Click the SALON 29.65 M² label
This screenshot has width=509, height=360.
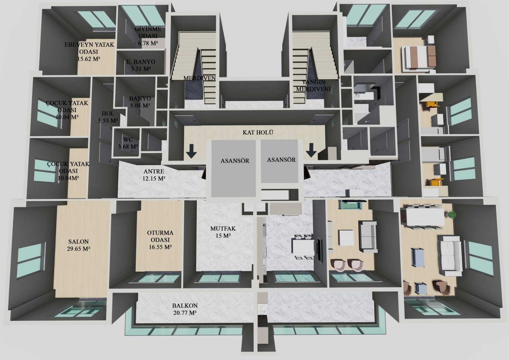click(78, 245)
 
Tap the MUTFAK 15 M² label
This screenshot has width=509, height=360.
click(223, 232)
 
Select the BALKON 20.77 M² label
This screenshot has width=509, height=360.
click(185, 309)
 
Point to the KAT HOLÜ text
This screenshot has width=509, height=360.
click(258, 132)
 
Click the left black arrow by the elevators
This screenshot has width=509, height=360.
click(191, 151)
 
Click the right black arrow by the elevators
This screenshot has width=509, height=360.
click(311, 151)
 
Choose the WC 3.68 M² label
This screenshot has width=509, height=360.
click(128, 143)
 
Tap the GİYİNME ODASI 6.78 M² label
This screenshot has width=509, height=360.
click(148, 36)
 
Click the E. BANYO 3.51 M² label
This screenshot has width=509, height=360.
click(141, 65)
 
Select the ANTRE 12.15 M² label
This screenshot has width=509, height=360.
click(154, 175)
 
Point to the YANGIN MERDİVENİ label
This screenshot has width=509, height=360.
click(313, 85)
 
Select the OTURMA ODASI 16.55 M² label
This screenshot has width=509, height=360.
click(160, 240)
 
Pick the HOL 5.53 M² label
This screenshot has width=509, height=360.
click(108, 117)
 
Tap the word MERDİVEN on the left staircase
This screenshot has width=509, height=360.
click(200, 78)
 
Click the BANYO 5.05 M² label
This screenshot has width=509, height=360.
click(140, 102)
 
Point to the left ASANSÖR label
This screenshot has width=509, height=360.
click(235, 161)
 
